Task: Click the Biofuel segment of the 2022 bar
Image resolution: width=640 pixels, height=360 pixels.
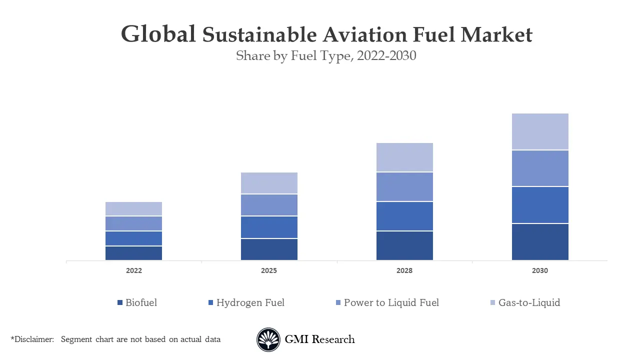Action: point(133,253)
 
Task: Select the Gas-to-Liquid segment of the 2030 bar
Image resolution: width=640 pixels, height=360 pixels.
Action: point(540,131)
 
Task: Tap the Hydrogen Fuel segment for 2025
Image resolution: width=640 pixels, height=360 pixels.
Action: point(269,227)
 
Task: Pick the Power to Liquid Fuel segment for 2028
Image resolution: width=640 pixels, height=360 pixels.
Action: point(404,186)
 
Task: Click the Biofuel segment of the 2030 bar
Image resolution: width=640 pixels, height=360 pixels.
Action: point(540,241)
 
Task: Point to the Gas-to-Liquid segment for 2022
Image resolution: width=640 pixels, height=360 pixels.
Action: point(133,208)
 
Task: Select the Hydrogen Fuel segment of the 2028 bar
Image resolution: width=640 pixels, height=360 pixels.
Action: point(404,216)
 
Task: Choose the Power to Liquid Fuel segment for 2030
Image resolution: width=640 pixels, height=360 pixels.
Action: point(540,168)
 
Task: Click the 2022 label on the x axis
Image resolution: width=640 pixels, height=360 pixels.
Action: point(133,270)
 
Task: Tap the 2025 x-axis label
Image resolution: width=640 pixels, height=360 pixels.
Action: point(269,270)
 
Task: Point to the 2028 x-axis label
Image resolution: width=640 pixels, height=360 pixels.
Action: point(404,270)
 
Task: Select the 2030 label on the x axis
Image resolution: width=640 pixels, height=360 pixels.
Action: point(540,270)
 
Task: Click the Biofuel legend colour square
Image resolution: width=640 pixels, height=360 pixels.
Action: point(120,303)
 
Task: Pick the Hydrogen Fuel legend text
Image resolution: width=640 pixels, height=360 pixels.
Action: point(250,302)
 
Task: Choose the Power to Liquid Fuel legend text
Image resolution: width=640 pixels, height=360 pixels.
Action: point(391,302)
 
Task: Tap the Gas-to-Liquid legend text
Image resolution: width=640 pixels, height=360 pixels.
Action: point(529,302)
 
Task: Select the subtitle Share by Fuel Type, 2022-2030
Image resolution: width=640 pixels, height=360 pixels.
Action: point(326,56)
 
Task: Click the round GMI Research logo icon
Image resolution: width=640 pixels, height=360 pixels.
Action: point(268,339)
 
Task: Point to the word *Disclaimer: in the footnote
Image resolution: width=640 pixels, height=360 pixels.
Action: point(32,339)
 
